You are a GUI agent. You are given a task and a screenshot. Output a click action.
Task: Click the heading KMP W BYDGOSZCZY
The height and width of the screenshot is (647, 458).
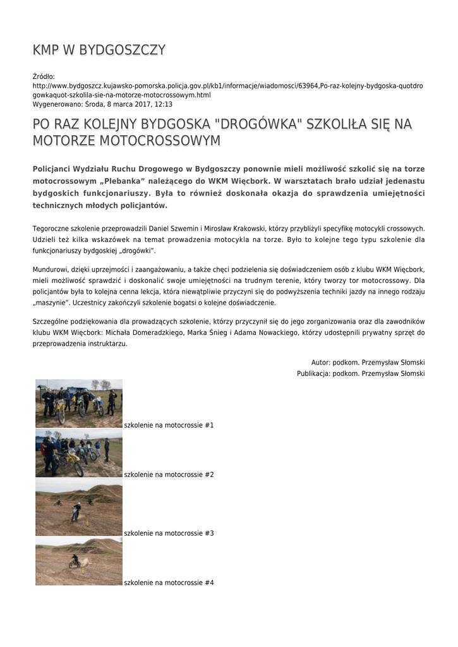[x=99, y=51]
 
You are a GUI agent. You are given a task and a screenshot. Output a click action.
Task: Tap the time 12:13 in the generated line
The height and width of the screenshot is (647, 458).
[x=163, y=104]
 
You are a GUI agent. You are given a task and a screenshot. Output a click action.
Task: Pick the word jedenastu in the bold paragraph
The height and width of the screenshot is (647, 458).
[x=403, y=181]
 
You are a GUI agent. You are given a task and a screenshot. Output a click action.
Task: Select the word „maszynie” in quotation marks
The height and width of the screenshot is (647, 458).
[x=51, y=303]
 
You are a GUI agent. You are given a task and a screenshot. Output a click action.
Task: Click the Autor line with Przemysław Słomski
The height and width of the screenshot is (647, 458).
[x=368, y=363]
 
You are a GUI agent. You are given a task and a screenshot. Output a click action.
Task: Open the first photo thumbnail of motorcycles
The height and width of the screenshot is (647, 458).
[x=79, y=403]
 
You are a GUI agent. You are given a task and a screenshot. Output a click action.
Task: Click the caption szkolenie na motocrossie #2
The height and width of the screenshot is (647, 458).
[x=169, y=475]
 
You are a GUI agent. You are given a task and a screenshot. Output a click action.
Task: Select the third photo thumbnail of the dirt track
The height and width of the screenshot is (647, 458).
[x=79, y=507]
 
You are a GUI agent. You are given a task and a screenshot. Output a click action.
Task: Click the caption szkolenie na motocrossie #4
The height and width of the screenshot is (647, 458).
[x=169, y=583]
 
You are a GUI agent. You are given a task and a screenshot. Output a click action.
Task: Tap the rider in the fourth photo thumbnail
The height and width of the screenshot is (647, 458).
[x=74, y=560]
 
